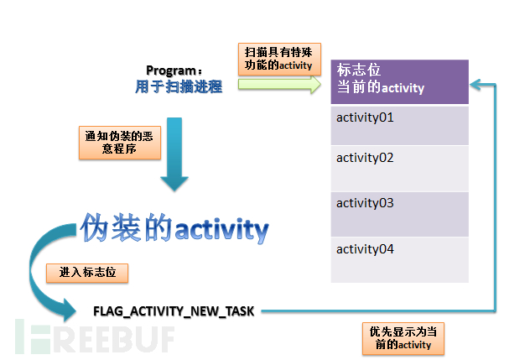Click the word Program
[x=171, y=70]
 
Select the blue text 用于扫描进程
[x=179, y=86]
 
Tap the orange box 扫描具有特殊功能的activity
[x=279, y=59]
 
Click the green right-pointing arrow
[x=279, y=84]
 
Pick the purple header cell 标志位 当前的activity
[x=399, y=81]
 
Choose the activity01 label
[x=365, y=117]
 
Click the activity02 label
[x=365, y=158]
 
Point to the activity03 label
[x=365, y=203]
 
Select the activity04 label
[x=365, y=249]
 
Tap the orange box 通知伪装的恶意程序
[x=120, y=143]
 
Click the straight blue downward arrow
[x=174, y=154]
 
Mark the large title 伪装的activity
[x=174, y=228]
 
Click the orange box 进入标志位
[x=87, y=273]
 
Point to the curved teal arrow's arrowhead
[x=70, y=310]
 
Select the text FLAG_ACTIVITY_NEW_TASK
[x=174, y=311]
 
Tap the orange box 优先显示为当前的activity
[x=403, y=339]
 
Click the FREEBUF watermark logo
[x=95, y=337]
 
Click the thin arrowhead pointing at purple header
[x=475, y=85]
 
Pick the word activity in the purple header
[x=403, y=88]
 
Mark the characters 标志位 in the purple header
[x=359, y=70]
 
